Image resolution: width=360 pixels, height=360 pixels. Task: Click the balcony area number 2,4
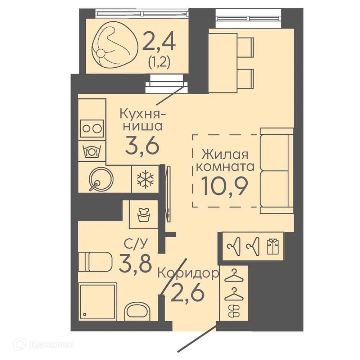coord(159,41)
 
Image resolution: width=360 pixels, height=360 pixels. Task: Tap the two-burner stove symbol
coord(92,129)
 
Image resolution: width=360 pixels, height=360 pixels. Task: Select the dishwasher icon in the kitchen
coord(92,151)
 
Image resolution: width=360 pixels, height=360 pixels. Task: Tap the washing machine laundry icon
coord(144,215)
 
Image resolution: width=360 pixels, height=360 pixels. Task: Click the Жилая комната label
coord(225,161)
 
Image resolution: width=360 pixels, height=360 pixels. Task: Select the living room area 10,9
coord(225,186)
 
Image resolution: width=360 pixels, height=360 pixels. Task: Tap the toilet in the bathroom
coord(95,262)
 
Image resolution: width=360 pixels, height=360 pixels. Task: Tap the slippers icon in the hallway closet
coord(234,311)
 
